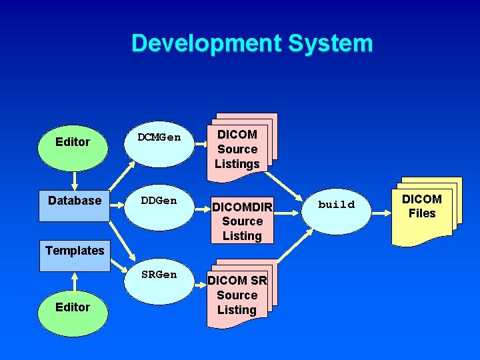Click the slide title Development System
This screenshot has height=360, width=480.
[x=252, y=43]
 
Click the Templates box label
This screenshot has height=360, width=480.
[x=75, y=251]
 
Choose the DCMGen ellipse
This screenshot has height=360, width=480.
[x=159, y=138]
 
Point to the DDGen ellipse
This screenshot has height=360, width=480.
[x=159, y=201]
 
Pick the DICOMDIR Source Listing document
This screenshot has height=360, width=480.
[x=242, y=221]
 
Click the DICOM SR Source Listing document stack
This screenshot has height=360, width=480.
[x=237, y=295]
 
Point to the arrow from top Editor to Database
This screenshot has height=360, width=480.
[x=74, y=180]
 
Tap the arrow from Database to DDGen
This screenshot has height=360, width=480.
[x=120, y=201]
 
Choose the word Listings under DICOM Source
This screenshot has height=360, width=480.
[x=237, y=164]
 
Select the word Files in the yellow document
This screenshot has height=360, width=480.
[x=422, y=214]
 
